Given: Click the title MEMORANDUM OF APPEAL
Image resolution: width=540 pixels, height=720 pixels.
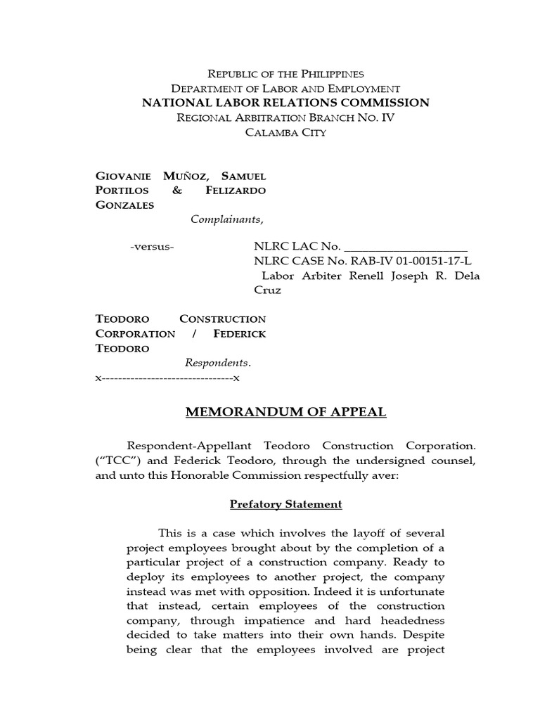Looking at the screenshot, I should [285, 412].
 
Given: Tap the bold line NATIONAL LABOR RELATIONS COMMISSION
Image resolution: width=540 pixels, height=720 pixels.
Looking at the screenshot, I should [285, 103].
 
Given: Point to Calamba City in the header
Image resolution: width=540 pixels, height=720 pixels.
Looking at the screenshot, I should [285, 132].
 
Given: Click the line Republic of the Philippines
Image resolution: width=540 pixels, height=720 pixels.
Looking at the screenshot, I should [285, 74].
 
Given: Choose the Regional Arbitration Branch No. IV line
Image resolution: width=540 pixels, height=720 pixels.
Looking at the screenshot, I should [285, 117].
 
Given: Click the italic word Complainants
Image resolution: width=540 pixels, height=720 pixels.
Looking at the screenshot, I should [227, 219].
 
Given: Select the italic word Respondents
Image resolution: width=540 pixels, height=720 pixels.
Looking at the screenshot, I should [217, 363].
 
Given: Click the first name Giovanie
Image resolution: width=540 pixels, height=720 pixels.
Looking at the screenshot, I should [121, 175].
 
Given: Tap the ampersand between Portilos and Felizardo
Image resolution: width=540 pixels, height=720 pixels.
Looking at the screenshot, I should [177, 190].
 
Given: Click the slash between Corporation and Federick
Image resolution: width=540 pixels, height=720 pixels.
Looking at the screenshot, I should [193, 333].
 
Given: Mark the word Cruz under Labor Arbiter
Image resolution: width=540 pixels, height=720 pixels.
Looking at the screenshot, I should [266, 290].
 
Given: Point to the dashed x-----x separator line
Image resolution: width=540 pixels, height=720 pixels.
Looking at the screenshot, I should [167, 378].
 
